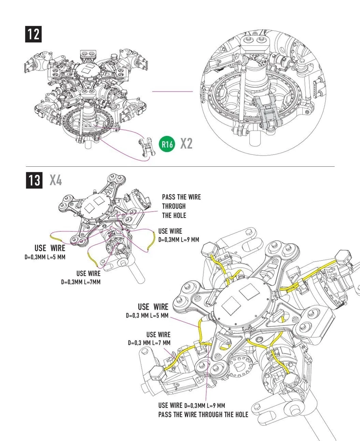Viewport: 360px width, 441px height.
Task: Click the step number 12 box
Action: point(33,34)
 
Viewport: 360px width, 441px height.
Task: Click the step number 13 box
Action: point(33,181)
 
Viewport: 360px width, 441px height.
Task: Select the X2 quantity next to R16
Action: point(186,144)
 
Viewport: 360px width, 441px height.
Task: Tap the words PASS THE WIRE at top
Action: point(181,197)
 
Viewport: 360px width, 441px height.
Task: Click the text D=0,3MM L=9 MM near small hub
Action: point(179,240)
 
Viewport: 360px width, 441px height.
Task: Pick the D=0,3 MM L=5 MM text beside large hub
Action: point(147,315)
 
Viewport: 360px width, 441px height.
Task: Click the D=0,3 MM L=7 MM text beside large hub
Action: point(149,343)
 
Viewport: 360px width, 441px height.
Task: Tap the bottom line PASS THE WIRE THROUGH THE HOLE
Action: point(203,415)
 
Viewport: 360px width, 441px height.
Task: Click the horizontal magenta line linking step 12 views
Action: point(172,92)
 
